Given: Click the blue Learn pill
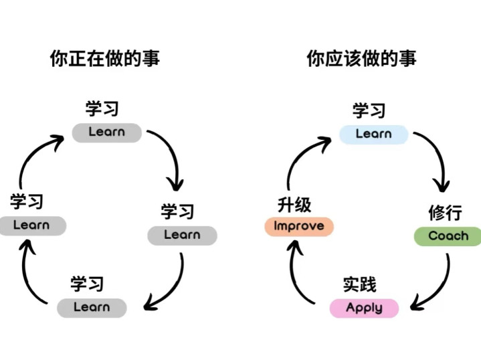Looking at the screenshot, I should click(x=373, y=134).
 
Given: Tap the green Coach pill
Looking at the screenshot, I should click(x=448, y=236).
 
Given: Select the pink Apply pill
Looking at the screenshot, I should click(x=364, y=308).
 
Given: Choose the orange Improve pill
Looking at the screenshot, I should click(x=298, y=226).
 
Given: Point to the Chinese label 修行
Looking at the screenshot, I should click(x=445, y=213).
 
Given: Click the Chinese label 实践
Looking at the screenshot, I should click(x=359, y=284).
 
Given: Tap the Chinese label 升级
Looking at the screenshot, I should click(x=294, y=204).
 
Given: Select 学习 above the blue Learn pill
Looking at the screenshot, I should click(x=369, y=110).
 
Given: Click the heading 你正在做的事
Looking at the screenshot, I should click(x=105, y=59).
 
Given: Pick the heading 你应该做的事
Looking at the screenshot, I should click(x=361, y=59).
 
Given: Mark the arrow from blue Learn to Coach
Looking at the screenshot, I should click(x=435, y=157).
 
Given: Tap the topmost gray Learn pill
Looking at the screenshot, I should click(x=106, y=132).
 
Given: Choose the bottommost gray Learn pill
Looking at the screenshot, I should click(x=92, y=308).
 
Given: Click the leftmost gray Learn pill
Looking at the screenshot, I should click(x=32, y=226).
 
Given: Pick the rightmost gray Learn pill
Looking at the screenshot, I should click(x=182, y=235).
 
